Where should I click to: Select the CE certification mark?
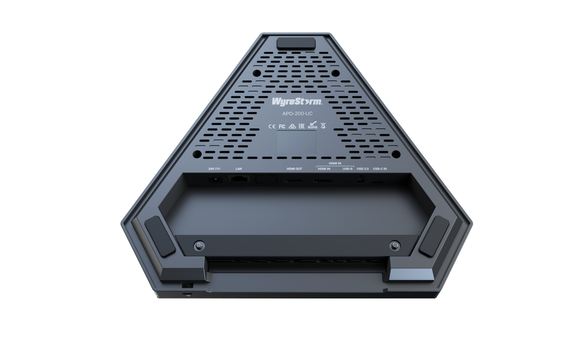271,126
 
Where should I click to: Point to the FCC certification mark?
281,126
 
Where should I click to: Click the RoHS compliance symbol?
312,126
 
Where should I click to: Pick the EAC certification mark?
302,126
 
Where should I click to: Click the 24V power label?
214,169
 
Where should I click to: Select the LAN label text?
239,169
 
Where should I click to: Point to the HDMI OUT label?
294,169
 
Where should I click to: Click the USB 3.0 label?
364,169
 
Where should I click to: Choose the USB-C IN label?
380,169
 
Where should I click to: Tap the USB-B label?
347,169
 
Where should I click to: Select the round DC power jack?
215,179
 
